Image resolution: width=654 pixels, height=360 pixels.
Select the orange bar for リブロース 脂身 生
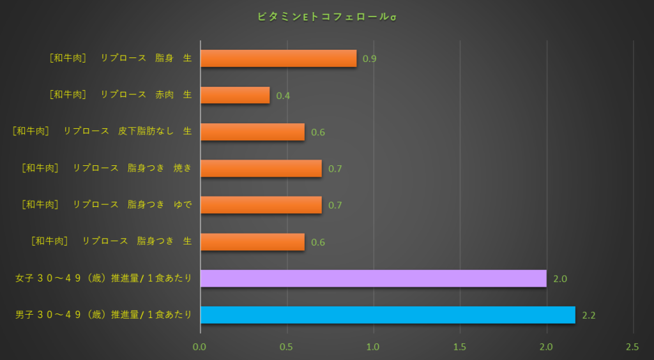278,59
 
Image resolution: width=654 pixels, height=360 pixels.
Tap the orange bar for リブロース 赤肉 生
235,95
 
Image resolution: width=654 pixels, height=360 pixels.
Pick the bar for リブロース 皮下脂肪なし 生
252,132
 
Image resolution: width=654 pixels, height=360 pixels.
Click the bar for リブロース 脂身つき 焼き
261,169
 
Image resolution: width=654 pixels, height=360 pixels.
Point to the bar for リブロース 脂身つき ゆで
261,205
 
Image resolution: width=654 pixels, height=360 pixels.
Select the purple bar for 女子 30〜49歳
373,278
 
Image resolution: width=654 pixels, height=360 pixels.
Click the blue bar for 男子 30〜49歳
388,315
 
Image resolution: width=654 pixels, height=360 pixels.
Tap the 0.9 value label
370,59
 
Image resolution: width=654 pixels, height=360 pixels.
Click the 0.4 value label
283,96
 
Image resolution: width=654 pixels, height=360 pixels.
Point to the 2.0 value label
560,279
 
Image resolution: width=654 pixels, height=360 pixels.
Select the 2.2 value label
589,315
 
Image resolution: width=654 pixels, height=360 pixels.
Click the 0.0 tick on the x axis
201,347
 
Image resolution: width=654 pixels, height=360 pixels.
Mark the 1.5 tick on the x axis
460,347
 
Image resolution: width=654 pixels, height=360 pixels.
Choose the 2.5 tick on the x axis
632,347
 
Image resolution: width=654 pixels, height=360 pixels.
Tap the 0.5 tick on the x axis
287,347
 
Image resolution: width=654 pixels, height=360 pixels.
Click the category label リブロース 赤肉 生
120,94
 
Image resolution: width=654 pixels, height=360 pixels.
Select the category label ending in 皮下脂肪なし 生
102,131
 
